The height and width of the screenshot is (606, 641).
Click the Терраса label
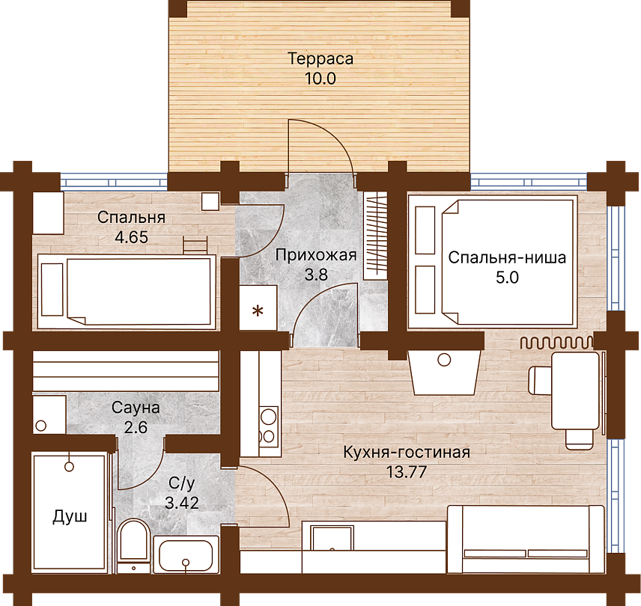(x=320, y=59)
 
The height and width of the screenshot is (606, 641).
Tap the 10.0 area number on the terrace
(x=320, y=79)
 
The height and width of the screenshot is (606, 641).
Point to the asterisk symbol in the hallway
(x=258, y=311)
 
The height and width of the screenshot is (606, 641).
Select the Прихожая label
(x=316, y=255)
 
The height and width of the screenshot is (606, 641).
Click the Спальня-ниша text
(x=507, y=257)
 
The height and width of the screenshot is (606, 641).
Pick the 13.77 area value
(x=407, y=472)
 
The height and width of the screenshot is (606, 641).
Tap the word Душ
(x=70, y=517)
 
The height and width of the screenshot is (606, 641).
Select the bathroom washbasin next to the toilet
(x=186, y=555)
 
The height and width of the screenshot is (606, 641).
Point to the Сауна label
(x=136, y=408)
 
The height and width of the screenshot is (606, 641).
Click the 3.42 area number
(x=182, y=502)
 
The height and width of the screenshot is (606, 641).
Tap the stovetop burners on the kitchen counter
(x=269, y=426)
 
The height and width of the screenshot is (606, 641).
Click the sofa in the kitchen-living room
(x=526, y=539)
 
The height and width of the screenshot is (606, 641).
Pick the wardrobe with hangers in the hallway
(x=375, y=235)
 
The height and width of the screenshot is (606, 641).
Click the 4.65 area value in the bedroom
(x=131, y=237)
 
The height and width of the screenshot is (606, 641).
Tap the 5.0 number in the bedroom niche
(x=507, y=278)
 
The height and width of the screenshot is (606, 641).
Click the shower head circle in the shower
(x=69, y=466)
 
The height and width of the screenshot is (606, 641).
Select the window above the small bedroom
(x=115, y=181)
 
